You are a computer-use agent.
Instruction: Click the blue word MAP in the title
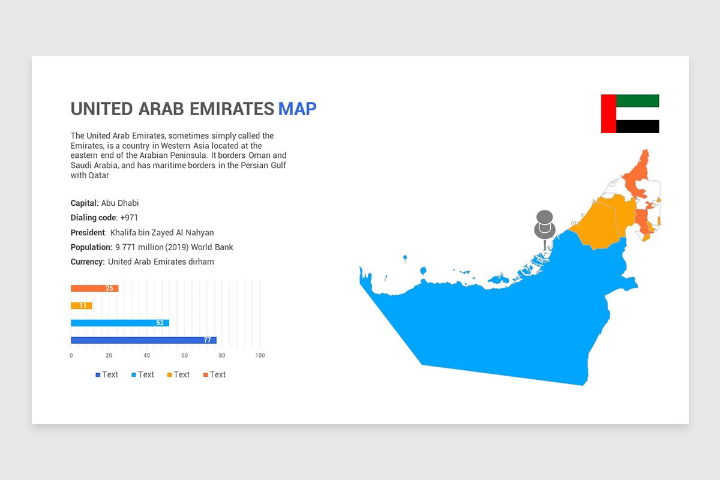tap(298, 109)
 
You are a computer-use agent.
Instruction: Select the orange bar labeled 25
tap(95, 289)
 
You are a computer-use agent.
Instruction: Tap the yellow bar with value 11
tap(82, 305)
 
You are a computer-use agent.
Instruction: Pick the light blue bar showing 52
tap(120, 323)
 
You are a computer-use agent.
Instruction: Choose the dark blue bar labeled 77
tap(143, 340)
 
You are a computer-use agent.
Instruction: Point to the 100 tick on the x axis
tap(260, 355)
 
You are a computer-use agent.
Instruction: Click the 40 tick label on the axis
tap(146, 355)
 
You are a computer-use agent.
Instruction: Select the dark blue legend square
tap(98, 375)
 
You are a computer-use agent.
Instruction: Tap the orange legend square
tap(206, 375)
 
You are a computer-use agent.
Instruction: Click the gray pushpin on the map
tap(545, 227)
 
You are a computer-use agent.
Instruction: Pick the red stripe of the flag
tap(608, 114)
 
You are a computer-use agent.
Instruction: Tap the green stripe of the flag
tap(638, 101)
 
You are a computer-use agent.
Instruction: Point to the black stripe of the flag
tap(638, 127)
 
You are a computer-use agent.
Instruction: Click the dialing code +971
tap(129, 218)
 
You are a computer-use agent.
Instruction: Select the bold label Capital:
tap(85, 203)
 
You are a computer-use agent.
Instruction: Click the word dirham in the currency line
tap(201, 262)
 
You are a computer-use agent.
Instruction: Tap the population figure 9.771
tap(125, 247)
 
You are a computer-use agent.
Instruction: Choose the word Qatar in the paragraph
tap(98, 176)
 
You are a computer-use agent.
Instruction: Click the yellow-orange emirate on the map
tap(604, 222)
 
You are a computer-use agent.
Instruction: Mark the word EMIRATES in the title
tap(232, 109)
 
